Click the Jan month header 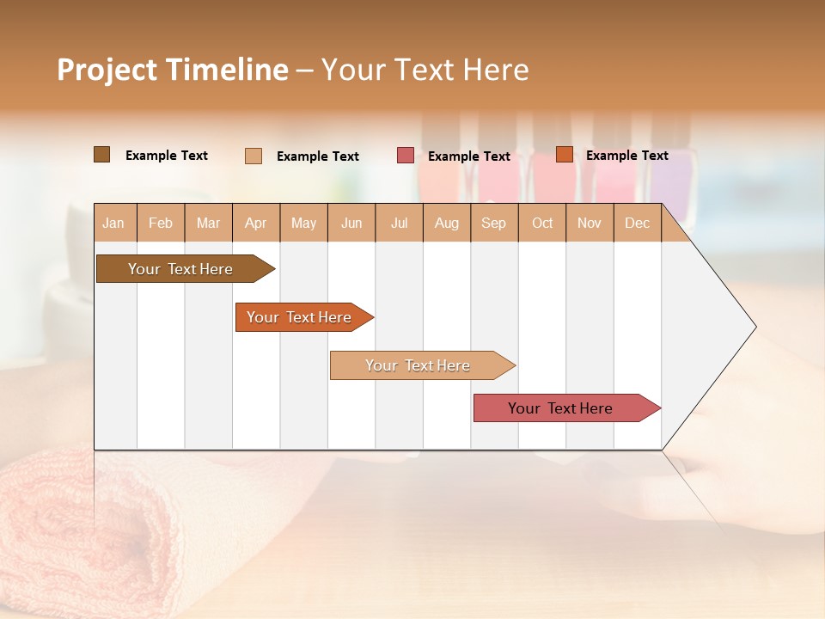pyautogui.click(x=114, y=223)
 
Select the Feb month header pyautogui.click(x=161, y=223)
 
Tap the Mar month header pyautogui.click(x=208, y=223)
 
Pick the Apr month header pyautogui.click(x=256, y=223)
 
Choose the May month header pyautogui.click(x=303, y=223)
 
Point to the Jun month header pyautogui.click(x=351, y=223)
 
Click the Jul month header pyautogui.click(x=399, y=223)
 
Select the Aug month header pyautogui.click(x=447, y=223)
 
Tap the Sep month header pyautogui.click(x=494, y=223)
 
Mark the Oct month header pyautogui.click(x=542, y=223)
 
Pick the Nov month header pyautogui.click(x=590, y=223)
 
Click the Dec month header pyautogui.click(x=638, y=223)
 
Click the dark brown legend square pyautogui.click(x=101, y=155)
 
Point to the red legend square pyautogui.click(x=406, y=156)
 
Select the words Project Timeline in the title pyautogui.click(x=173, y=70)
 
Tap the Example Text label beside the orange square pyautogui.click(x=626, y=156)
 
